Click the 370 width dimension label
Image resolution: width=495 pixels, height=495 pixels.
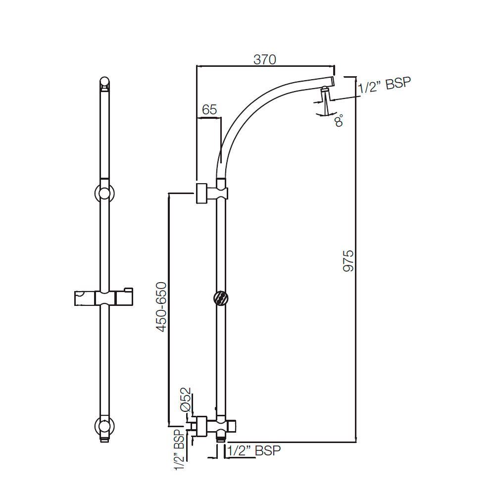point(264,59)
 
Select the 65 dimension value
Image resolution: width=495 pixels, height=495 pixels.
point(209,110)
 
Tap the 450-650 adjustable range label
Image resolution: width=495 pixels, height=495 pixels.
point(161,307)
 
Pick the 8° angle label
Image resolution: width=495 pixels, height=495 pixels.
point(339,120)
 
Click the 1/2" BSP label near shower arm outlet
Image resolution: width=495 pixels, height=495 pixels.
point(385,85)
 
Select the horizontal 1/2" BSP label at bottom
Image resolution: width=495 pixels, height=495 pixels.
point(254,450)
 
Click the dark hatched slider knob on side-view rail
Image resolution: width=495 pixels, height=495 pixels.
point(221,298)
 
